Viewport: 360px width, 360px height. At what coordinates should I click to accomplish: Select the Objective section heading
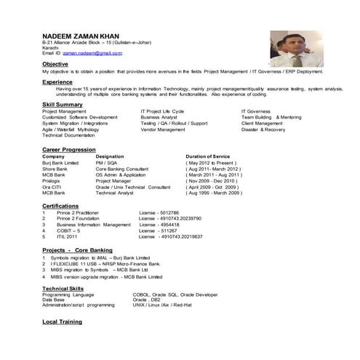pos(55,65)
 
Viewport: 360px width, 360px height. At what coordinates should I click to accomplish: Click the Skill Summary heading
pos(63,105)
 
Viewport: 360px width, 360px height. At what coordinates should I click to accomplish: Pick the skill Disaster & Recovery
pos(263,129)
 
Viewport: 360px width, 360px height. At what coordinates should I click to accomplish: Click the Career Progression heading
pos(69,149)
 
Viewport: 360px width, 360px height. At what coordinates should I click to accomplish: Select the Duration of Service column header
pos(208,156)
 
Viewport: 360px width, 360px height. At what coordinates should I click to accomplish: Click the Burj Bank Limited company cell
pos(60,163)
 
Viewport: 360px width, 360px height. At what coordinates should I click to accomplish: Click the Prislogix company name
pos(54,181)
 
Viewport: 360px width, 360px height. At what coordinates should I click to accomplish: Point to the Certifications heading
pos(60,206)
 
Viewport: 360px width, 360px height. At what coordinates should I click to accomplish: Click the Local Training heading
pos(62,321)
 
